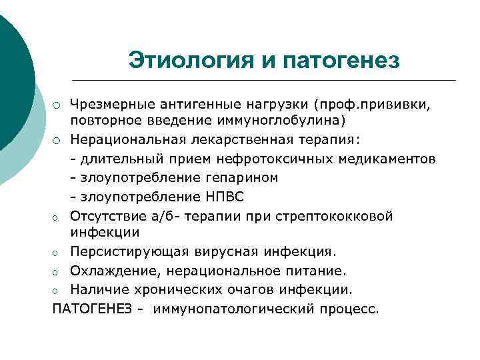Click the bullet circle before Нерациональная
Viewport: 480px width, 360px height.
[58, 140]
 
